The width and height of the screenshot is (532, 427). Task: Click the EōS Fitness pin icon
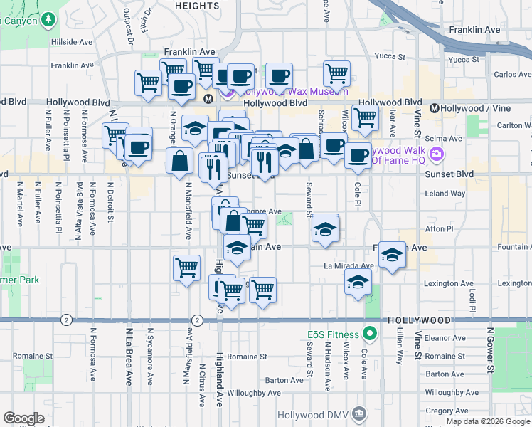370,333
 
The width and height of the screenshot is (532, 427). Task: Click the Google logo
23,418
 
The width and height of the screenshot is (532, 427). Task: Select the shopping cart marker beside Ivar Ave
366,118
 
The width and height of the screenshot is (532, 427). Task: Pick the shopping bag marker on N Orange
180,161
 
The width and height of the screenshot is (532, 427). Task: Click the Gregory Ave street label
446,411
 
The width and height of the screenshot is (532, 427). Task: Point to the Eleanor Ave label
445,338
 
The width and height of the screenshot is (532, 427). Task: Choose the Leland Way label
445,194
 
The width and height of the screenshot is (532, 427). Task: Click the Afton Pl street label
439,229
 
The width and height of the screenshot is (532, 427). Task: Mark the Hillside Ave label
72,42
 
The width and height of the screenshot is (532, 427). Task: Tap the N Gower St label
490,350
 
